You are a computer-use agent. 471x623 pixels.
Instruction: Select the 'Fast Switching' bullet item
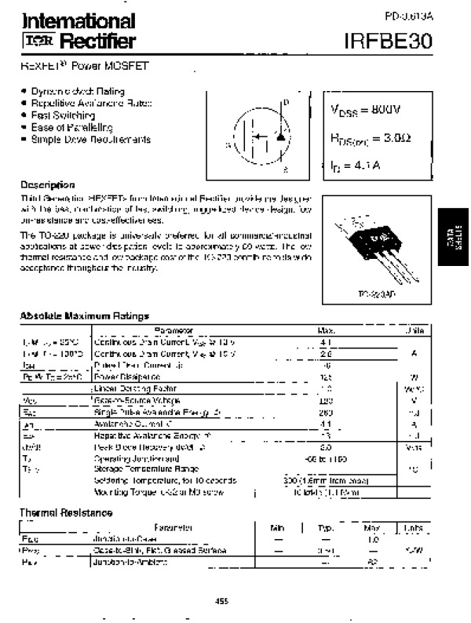tap(62, 115)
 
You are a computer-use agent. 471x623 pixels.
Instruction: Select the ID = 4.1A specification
tap(355, 165)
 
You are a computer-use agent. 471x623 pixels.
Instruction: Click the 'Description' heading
tap(48, 185)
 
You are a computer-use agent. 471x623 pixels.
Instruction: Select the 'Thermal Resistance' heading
tap(65, 512)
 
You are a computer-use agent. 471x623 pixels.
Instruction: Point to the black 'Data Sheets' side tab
tap(455, 239)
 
